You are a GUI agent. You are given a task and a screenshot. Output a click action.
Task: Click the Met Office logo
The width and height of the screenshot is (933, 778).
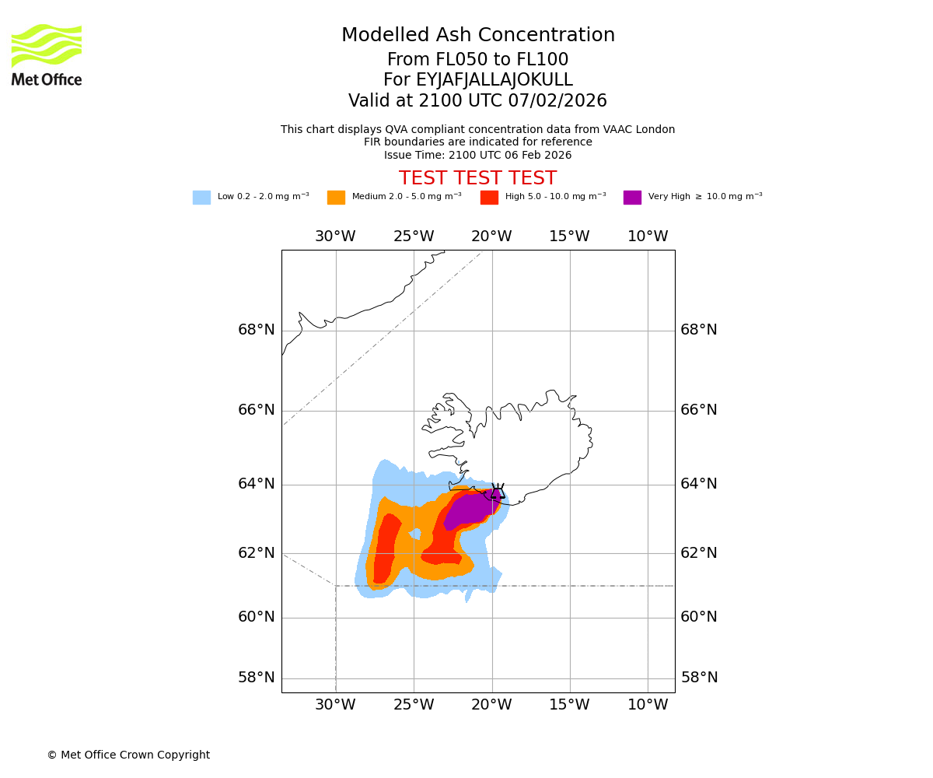coord(47,54)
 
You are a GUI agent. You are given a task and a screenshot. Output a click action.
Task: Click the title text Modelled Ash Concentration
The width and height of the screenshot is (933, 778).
coord(478,35)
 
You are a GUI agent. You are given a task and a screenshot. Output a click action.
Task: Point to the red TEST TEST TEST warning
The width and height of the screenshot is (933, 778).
coord(477,178)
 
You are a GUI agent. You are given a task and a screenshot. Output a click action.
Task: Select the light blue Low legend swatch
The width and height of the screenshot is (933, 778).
coord(201,198)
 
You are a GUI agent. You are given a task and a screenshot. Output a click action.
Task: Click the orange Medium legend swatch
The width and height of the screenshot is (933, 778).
coord(336,198)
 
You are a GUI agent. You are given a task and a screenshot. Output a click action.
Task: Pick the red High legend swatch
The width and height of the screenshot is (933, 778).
coord(489,198)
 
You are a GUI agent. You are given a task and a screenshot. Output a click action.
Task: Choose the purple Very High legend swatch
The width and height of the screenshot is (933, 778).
coord(632,198)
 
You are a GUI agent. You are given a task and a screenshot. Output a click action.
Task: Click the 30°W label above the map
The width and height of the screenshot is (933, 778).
coord(335,237)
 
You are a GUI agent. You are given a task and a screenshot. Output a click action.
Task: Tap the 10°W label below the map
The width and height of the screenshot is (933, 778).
coord(648,705)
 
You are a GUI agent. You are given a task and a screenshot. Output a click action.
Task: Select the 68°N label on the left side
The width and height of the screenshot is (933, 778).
coord(257,330)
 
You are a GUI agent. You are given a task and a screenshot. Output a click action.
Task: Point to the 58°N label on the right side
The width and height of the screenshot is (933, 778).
coord(699,678)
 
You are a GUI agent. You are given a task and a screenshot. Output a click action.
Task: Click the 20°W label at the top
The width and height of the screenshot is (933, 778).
coord(491,237)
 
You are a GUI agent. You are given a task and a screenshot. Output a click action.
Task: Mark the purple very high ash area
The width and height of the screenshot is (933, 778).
coord(469,510)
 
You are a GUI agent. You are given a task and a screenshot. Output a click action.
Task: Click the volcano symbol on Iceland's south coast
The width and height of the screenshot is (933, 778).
coord(498,492)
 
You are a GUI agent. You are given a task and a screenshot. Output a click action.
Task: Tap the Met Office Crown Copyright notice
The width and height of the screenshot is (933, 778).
coord(128,755)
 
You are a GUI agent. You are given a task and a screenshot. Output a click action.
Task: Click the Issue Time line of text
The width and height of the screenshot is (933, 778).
coord(477,155)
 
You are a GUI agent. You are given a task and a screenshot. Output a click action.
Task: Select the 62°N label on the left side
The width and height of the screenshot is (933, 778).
coord(257,553)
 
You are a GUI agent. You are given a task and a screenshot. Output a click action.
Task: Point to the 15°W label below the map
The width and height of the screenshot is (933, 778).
coord(569,705)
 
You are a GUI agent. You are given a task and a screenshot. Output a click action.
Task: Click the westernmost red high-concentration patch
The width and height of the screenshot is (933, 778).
coord(386,548)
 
